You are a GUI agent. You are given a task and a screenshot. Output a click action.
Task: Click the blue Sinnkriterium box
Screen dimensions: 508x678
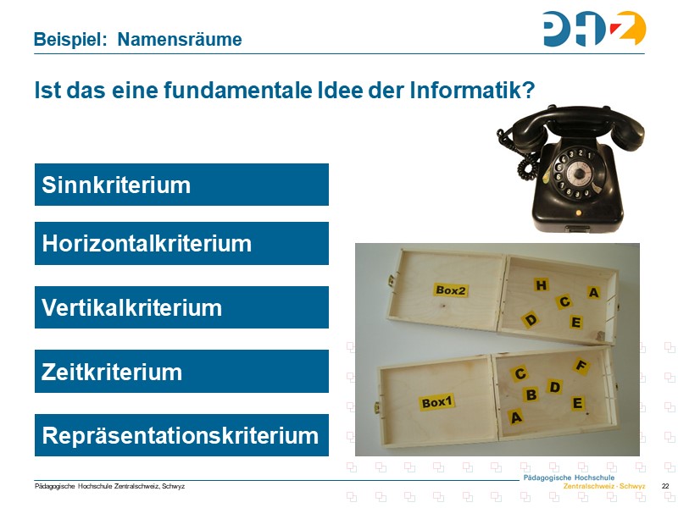pyautogui.click(x=181, y=185)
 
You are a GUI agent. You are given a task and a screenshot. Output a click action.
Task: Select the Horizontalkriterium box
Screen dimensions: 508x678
pyautogui.click(x=181, y=244)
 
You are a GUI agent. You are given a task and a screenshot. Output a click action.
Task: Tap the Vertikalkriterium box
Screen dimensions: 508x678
pyautogui.click(x=181, y=307)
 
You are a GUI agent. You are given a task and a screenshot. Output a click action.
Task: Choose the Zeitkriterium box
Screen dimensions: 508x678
pyautogui.click(x=181, y=372)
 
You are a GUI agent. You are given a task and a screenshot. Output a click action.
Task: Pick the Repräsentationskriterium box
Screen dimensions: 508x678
pyautogui.click(x=181, y=435)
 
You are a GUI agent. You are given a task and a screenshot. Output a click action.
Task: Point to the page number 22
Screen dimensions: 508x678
pyautogui.click(x=665, y=486)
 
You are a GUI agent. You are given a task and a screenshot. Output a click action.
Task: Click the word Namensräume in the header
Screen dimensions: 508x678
pyautogui.click(x=179, y=39)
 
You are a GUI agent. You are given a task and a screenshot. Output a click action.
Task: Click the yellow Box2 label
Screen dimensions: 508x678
pyautogui.click(x=451, y=290)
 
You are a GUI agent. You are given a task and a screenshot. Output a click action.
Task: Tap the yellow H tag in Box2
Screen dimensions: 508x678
pyautogui.click(x=541, y=285)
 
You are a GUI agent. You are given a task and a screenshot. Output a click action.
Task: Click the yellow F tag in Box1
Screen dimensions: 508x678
pyautogui.click(x=581, y=366)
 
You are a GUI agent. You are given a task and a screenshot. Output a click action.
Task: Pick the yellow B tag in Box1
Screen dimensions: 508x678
pyautogui.click(x=531, y=395)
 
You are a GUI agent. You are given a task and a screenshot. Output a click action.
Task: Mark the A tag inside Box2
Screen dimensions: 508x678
pyautogui.click(x=593, y=293)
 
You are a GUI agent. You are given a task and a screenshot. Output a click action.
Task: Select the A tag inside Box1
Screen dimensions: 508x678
pyautogui.click(x=516, y=417)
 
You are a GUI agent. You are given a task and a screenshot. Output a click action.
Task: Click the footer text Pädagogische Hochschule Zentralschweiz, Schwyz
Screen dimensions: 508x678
pyautogui.click(x=109, y=486)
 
